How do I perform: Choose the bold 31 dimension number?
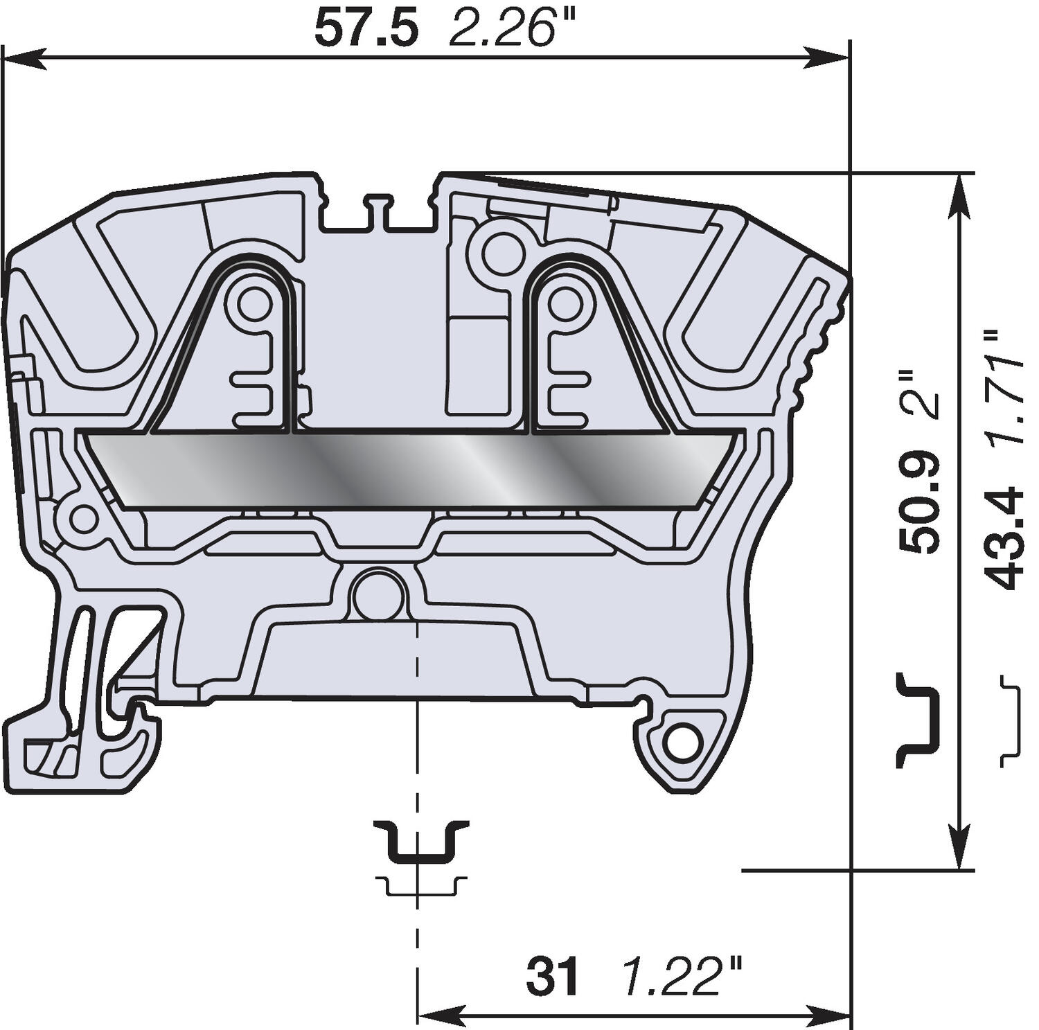click(x=552, y=977)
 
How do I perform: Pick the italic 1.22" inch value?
click(x=682, y=977)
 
